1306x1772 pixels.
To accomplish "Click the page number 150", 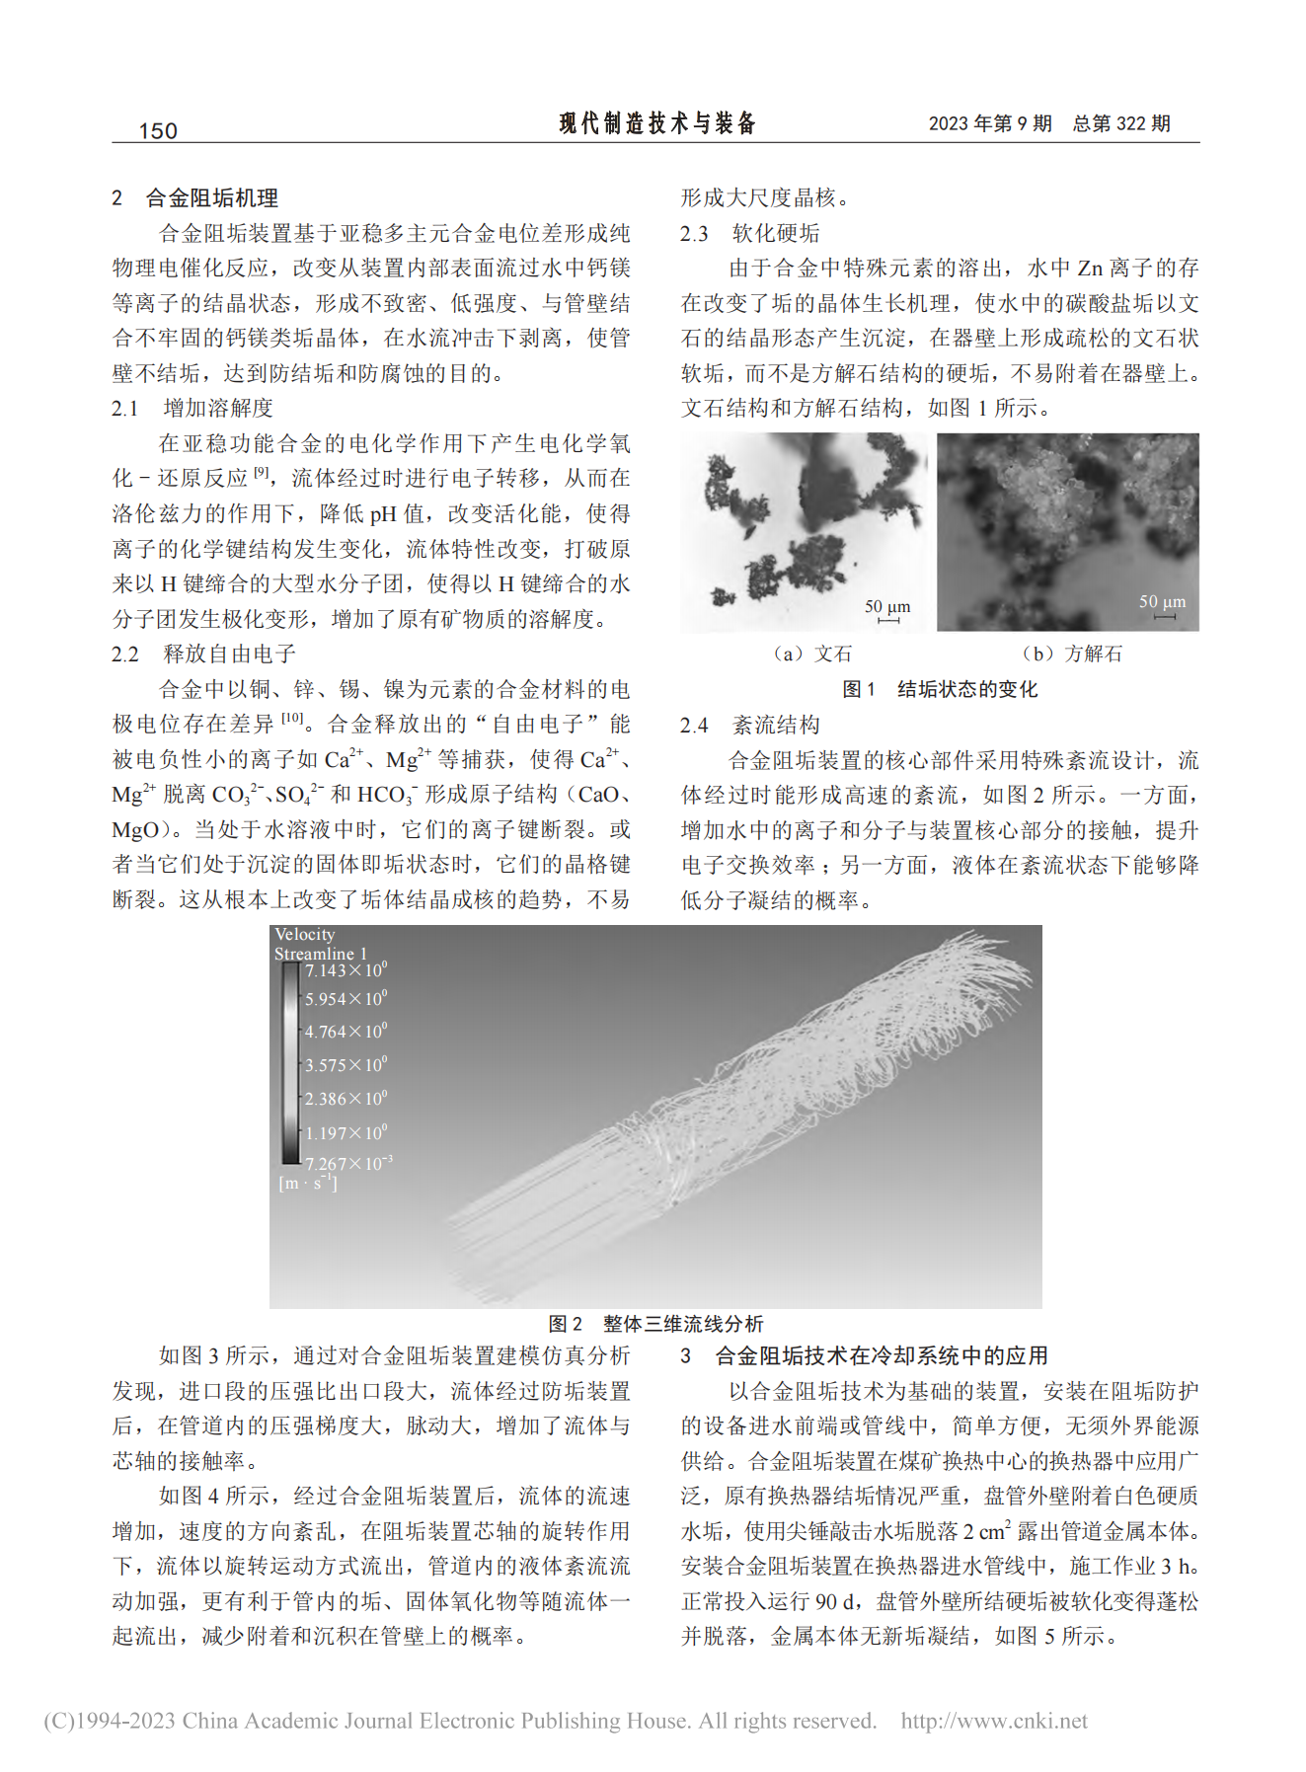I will coord(158,130).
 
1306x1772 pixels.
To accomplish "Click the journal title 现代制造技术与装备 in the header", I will coord(657,123).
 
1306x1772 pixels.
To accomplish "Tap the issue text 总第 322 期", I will coord(1121,123).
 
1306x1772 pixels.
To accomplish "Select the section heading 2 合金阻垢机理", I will coord(195,197).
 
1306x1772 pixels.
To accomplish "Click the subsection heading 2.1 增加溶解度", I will coord(192,408).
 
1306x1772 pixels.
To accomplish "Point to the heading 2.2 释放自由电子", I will coord(203,654).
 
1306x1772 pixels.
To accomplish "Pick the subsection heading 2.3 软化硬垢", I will coord(750,233).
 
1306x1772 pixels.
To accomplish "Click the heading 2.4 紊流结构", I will coord(750,725).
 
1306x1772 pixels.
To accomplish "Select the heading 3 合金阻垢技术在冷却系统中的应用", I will coord(865,1355).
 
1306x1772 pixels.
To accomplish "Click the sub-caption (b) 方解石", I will coord(1072,654).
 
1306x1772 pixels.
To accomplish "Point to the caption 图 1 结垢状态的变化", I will coord(940,689).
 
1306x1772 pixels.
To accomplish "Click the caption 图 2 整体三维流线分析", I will coord(656,1324).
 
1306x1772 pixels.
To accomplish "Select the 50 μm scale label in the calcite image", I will coord(1163,601).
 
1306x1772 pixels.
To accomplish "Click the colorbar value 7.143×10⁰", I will coord(346,970).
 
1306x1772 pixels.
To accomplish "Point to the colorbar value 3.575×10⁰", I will coord(346,1065).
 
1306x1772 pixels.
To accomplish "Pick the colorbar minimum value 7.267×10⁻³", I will coord(347,1164).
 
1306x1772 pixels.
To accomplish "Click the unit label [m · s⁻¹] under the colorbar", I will coord(308,1183).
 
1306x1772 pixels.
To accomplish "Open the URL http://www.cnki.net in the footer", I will coord(994,1721).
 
